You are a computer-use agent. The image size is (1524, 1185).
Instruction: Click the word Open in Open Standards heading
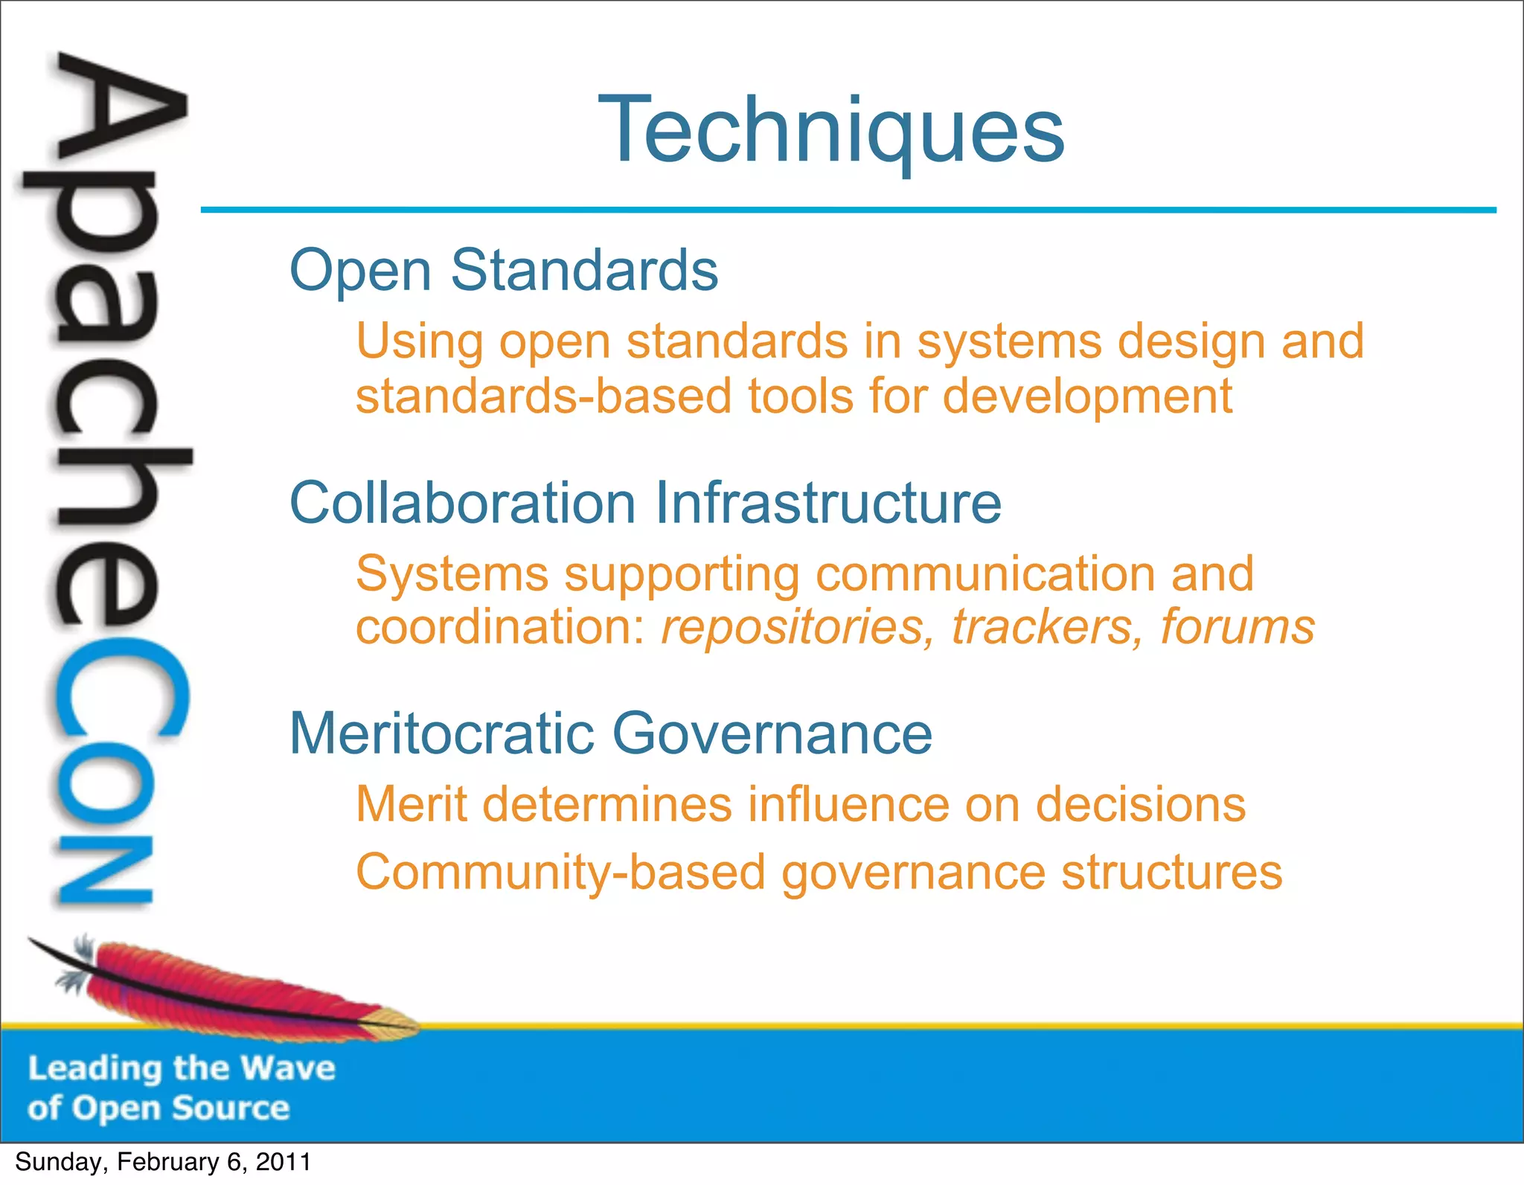click(x=360, y=271)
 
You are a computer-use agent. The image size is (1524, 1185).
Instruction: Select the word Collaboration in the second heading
click(x=462, y=503)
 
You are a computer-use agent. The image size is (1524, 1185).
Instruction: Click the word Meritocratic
click(x=442, y=733)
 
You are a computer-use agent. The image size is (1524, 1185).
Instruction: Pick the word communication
click(x=986, y=574)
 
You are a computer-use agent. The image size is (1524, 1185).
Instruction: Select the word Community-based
click(x=560, y=873)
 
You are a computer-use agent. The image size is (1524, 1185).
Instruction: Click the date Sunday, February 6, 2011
click(x=163, y=1162)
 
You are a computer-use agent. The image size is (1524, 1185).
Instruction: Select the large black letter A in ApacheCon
click(x=119, y=112)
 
